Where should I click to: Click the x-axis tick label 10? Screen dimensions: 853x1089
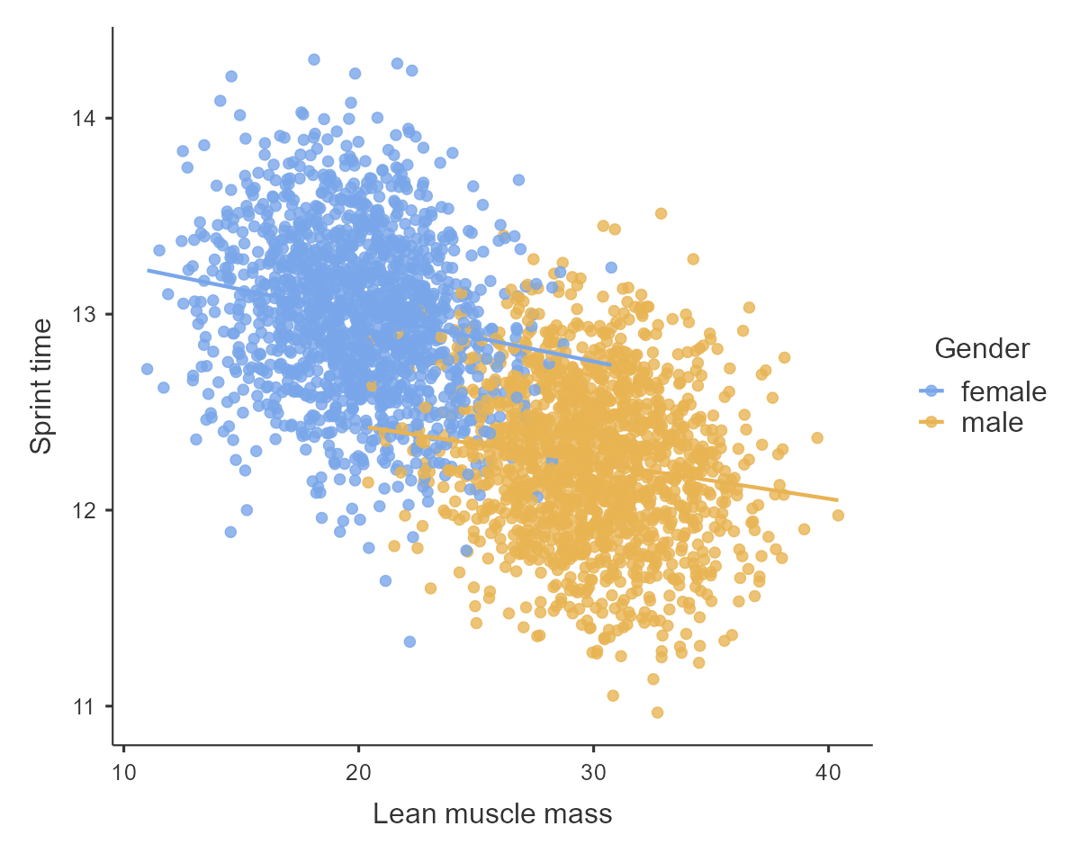[x=124, y=772]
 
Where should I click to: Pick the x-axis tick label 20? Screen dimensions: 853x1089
[x=359, y=772]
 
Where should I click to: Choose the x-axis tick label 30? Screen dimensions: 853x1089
[x=594, y=772]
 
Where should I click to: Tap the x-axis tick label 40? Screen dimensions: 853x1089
[x=828, y=772]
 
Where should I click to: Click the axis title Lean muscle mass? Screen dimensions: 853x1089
[x=492, y=814]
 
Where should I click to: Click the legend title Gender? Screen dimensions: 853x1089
[x=982, y=348]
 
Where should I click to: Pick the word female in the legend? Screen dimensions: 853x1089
[x=1003, y=391]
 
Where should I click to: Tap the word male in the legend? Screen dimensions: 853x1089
[x=992, y=421]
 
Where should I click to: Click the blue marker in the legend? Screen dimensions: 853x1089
[x=931, y=391]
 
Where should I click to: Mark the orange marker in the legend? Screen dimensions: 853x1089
[x=931, y=421]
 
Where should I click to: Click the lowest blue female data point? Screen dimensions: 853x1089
[x=409, y=642]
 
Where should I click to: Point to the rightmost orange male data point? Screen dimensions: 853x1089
[x=838, y=516]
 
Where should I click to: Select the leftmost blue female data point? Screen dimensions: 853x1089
[x=147, y=369]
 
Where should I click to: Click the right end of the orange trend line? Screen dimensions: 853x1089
[x=838, y=499]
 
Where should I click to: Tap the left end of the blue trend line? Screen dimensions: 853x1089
[x=148, y=269]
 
